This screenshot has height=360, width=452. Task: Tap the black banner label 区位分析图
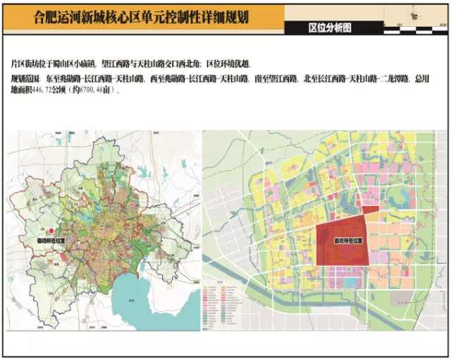[329, 28]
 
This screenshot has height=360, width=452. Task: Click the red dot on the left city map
[51, 232]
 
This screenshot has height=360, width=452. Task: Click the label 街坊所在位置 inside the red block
[348, 241]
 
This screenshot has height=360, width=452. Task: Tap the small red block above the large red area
[369, 206]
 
